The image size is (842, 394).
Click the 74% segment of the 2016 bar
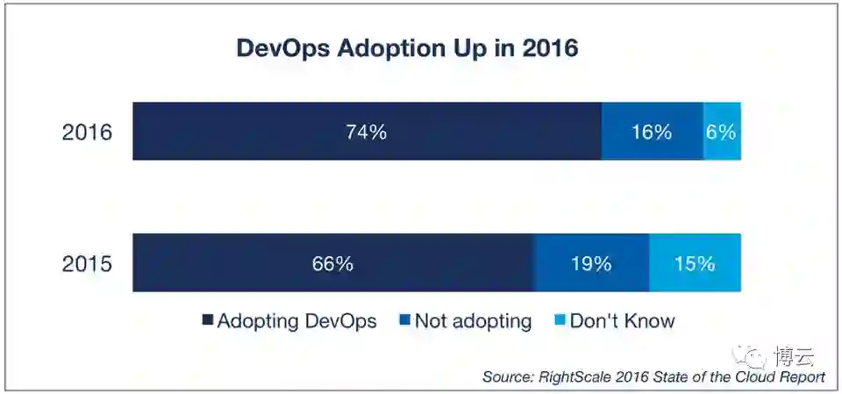[x=367, y=132]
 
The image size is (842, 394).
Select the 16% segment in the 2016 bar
[x=652, y=132]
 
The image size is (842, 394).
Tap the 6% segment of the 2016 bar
[x=722, y=132]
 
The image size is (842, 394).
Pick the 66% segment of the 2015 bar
[x=332, y=263]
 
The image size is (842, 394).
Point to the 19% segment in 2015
[x=591, y=263]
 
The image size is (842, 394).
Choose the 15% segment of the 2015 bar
[x=695, y=263]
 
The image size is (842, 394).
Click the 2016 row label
[x=87, y=133]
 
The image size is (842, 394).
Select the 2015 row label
[x=87, y=263]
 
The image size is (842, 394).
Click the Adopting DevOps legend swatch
[x=208, y=321]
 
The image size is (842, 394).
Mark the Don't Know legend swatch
[x=560, y=321]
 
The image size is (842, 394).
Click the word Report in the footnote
[x=803, y=376]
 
